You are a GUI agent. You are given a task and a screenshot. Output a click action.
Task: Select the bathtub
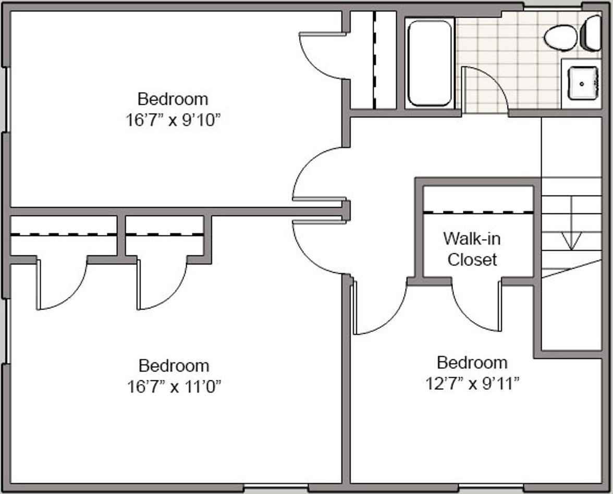tap(429, 63)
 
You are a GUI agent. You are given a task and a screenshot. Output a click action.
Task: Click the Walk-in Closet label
tap(472, 249)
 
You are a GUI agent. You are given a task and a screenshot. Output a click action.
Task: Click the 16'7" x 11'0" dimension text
tap(174, 387)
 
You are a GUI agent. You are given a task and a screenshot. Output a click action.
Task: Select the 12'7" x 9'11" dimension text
tap(472, 384)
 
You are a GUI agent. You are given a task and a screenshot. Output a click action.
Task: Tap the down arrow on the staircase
tap(572, 240)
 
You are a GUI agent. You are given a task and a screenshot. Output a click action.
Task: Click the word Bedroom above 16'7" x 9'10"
tap(173, 98)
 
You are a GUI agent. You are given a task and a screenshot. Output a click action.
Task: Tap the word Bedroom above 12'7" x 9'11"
tap(472, 362)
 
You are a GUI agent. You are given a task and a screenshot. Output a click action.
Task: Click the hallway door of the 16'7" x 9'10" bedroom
tap(318, 175)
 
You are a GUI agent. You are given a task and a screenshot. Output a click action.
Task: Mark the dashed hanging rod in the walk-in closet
tap(478, 212)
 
